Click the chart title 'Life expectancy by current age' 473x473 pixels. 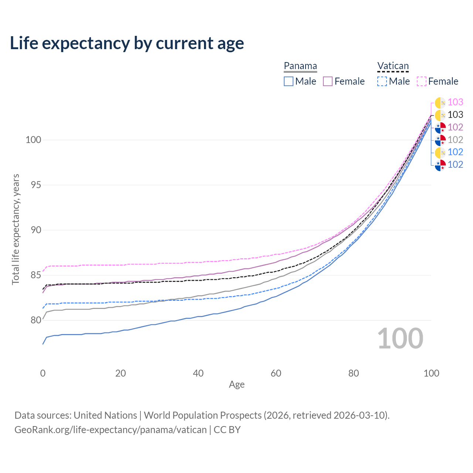click(127, 44)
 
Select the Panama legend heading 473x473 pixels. click(300, 66)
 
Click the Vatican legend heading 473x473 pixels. click(393, 66)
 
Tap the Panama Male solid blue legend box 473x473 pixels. click(288, 81)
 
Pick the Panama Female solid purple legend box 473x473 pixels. click(328, 81)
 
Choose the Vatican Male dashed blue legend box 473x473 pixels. click(382, 81)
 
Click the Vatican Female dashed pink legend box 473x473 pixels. click(422, 81)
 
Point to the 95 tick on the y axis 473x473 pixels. click(36, 185)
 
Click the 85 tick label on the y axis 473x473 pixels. click(36, 275)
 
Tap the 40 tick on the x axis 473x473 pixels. click(198, 373)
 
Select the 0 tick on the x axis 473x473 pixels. click(43, 373)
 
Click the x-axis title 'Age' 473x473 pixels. click(236, 385)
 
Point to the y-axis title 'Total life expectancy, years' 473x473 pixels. click(16, 229)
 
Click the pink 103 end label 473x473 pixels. click(455, 102)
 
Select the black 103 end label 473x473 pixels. click(455, 115)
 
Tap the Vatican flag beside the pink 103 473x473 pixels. click(440, 103)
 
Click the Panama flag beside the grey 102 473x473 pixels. click(440, 140)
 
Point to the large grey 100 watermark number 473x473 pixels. click(400, 338)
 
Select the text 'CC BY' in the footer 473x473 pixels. click(227, 430)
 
